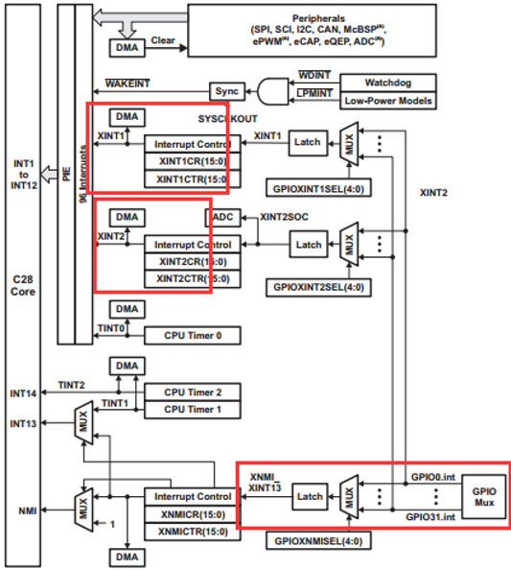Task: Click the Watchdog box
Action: [x=388, y=83]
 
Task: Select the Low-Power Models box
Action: [x=388, y=101]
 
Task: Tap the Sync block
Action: [x=227, y=91]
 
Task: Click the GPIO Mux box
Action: [x=484, y=497]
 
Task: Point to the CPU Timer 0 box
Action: [x=193, y=336]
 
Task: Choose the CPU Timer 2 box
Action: [x=193, y=392]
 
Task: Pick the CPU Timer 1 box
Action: [x=193, y=410]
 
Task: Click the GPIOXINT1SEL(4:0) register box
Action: [x=318, y=188]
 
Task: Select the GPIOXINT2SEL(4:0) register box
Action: [x=318, y=288]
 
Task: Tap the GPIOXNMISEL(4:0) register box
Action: [x=318, y=541]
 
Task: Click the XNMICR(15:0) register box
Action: [x=193, y=514]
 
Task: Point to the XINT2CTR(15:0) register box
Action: [x=193, y=279]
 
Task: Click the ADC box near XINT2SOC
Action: [x=223, y=218]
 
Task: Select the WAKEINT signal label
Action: [x=128, y=83]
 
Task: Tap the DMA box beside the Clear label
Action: [x=128, y=48]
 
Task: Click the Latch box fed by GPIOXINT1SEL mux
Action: [x=308, y=143]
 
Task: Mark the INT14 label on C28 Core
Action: [x=23, y=393]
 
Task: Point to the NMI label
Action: [x=28, y=511]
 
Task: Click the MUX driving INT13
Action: [x=84, y=423]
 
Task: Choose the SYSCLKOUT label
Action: [x=228, y=119]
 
